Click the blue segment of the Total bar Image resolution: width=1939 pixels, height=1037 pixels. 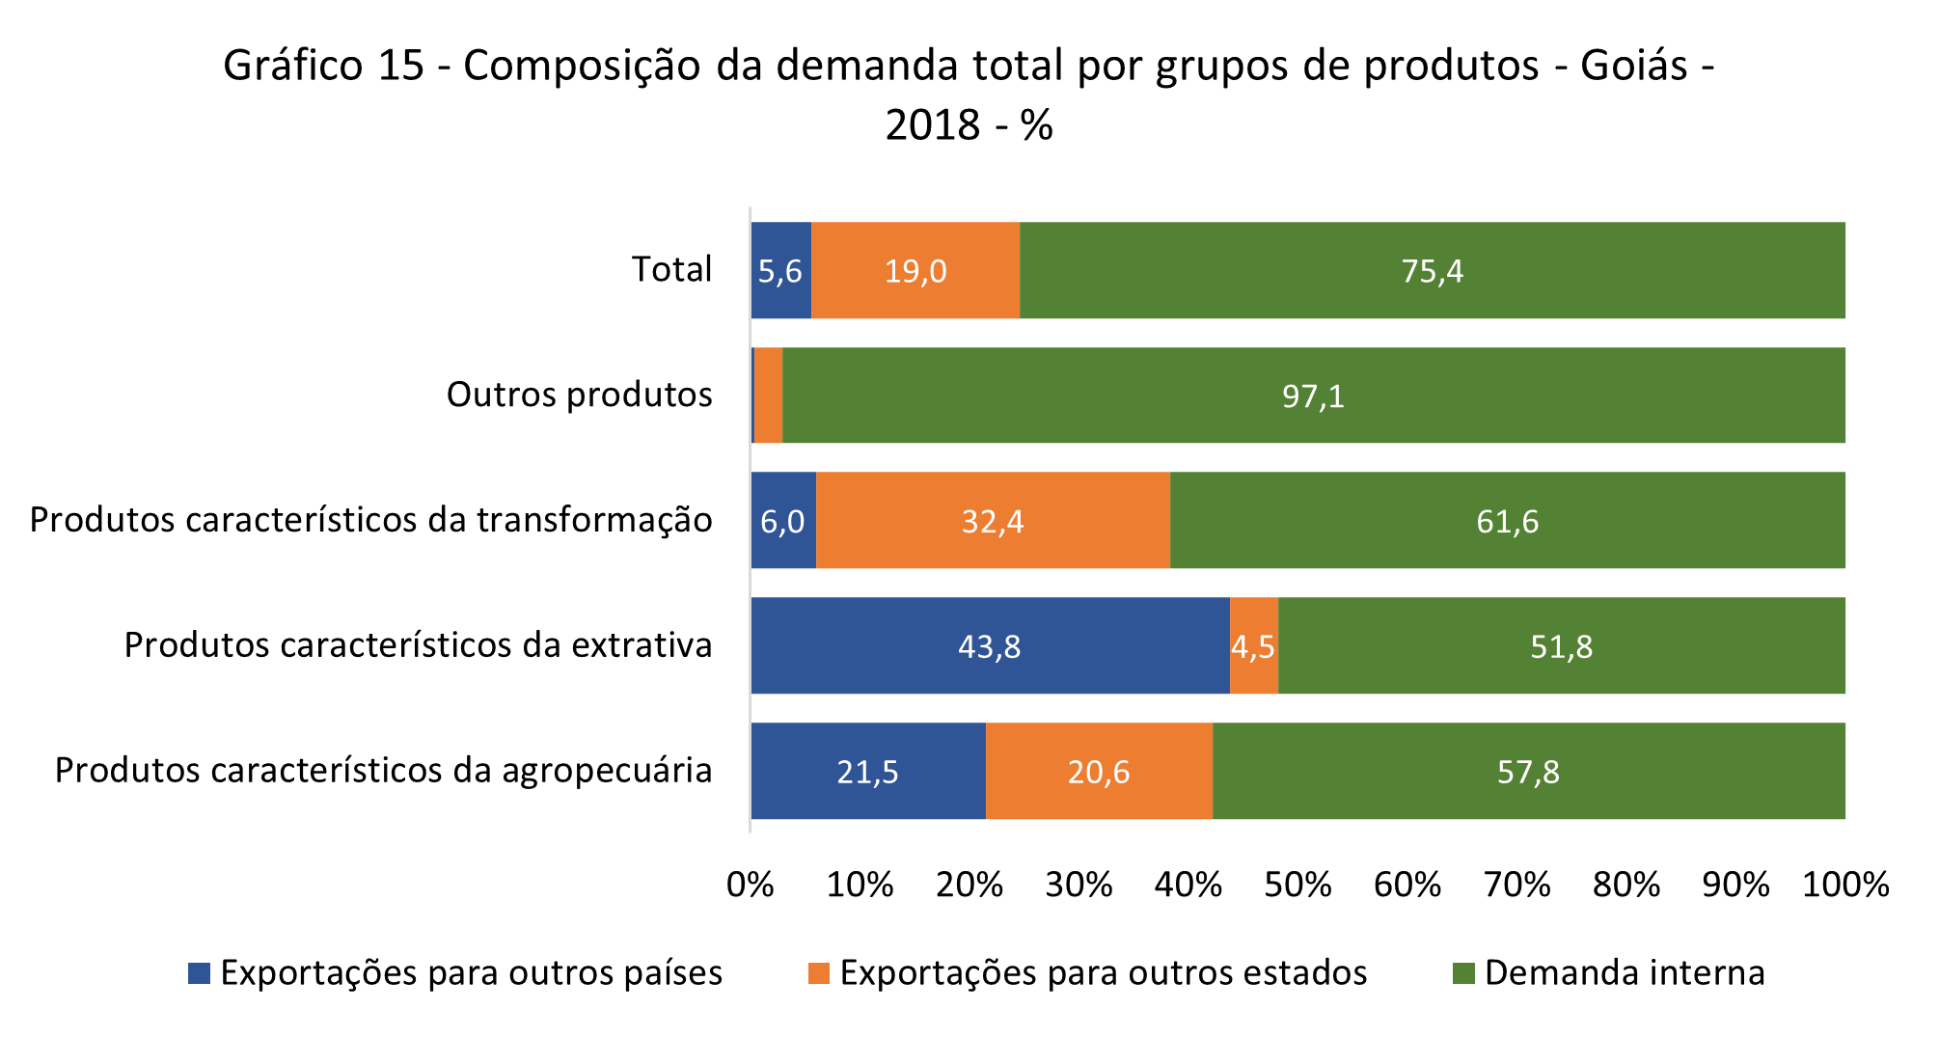(780, 270)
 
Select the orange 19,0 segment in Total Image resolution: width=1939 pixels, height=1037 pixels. (915, 270)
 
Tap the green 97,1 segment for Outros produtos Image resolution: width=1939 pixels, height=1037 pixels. (1313, 396)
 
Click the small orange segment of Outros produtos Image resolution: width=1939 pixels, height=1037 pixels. (768, 396)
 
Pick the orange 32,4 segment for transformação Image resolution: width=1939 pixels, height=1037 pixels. (993, 521)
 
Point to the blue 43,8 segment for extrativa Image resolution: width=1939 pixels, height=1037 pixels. (990, 645)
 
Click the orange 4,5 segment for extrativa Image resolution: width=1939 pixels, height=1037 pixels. (1254, 645)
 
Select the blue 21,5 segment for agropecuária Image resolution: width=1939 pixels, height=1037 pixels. (867, 771)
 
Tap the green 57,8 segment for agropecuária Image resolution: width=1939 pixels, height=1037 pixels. (1528, 771)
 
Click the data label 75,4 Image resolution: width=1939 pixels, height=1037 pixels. (1433, 271)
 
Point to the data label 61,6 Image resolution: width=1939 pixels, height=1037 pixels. (1507, 522)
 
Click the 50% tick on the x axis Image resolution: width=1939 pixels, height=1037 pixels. (1297, 885)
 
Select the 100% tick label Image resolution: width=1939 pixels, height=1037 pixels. (1845, 885)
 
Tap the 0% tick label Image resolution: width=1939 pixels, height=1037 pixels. (751, 885)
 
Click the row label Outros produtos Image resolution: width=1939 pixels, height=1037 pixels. (579, 395)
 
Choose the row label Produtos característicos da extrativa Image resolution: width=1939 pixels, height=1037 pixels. (418, 644)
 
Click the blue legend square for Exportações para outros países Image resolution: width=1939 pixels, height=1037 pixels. (199, 973)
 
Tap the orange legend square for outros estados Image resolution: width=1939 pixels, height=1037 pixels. (819, 973)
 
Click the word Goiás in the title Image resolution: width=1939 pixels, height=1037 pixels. (1621, 66)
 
